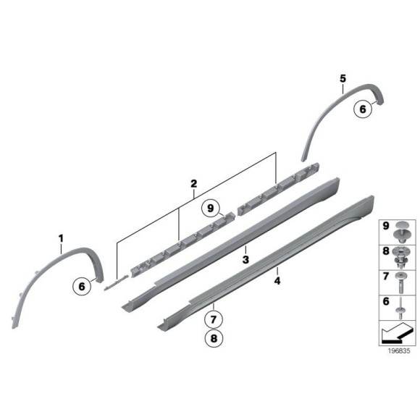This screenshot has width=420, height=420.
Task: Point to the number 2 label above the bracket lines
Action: click(193, 185)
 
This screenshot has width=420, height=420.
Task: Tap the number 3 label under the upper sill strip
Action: click(246, 259)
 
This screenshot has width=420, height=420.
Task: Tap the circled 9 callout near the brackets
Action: click(211, 209)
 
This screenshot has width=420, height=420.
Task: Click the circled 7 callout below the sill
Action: click(214, 317)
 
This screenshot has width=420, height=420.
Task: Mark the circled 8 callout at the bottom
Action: click(214, 337)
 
